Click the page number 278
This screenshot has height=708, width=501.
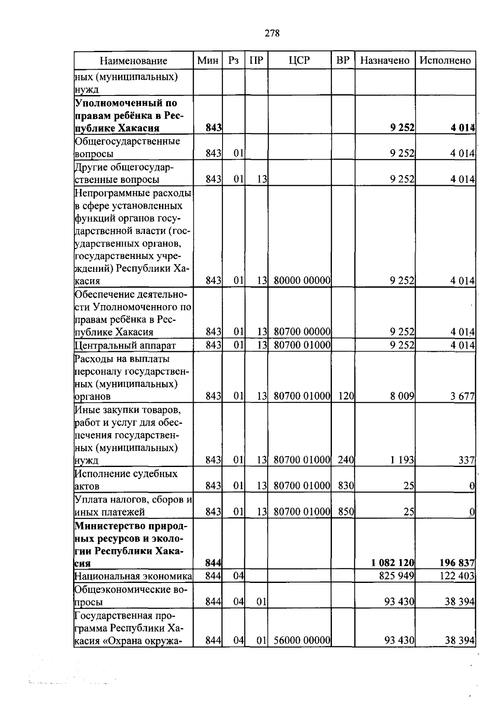pos(272,33)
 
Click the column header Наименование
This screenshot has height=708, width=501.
pos(134,61)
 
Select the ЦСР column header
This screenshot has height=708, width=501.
pos(299,60)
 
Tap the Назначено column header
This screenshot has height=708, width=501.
pos(385,60)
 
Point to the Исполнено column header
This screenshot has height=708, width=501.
pos(445,60)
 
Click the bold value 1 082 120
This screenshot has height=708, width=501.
pos(392,563)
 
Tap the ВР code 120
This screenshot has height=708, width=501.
pos(346,396)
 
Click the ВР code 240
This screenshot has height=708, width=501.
pos(346,460)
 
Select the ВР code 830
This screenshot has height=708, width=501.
pos(346,486)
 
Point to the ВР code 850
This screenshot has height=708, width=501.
pos(346,512)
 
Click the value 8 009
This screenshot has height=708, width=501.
pos(402,396)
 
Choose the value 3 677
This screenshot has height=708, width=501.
pos(462,396)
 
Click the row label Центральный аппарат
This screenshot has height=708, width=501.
pos(125,345)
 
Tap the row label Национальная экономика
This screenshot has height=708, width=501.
pos(133,576)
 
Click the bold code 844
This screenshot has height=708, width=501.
pos(213,563)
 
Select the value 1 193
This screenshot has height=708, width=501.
pos(402,460)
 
